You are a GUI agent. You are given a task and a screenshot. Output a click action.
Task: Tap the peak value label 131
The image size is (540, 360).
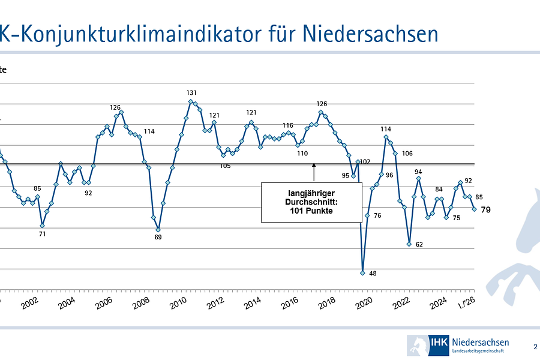point(191,93)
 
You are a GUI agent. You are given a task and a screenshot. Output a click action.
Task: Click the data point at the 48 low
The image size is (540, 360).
point(362,272)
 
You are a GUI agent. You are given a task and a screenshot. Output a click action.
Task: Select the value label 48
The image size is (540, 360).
point(373,274)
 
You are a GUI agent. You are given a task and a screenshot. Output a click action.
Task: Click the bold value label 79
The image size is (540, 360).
point(486,209)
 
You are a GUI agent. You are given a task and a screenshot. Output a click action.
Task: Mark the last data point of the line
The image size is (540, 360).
point(474,209)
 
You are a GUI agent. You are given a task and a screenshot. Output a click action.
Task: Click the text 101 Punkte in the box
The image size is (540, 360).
point(311,211)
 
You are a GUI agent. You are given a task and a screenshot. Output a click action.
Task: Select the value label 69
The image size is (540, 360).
point(158,238)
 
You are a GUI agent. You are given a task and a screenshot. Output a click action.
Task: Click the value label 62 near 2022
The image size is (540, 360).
point(419,244)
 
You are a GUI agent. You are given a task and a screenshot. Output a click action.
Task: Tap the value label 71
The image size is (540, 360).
point(42,234)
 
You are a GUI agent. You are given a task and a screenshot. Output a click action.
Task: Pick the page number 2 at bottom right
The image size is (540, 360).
point(535,346)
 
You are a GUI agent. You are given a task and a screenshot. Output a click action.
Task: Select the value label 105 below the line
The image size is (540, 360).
point(225,166)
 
